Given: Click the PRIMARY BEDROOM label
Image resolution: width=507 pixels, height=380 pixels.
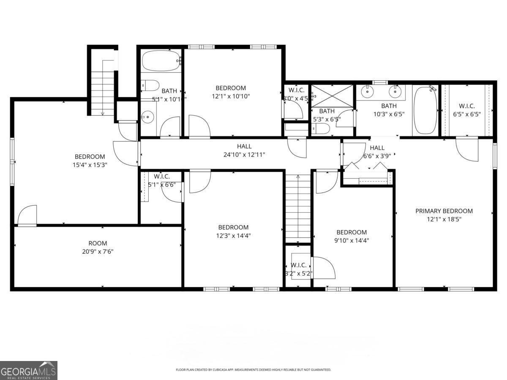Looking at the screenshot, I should click(444, 211).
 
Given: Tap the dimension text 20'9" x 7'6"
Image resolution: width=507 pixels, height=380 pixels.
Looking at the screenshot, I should click(98, 252).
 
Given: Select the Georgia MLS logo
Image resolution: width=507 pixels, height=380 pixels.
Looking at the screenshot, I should click(28, 370).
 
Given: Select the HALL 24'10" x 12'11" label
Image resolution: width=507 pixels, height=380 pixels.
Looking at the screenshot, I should click(244, 150).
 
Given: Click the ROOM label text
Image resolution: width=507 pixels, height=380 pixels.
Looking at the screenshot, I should click(98, 243).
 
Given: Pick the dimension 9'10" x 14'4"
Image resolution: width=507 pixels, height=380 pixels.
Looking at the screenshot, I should click(352, 241).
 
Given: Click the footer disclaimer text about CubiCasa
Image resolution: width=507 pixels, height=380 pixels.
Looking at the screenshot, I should click(253, 370).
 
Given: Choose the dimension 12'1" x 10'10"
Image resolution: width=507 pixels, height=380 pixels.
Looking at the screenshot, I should click(231, 96).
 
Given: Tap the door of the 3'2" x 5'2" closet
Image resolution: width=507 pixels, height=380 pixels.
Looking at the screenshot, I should click(323, 268).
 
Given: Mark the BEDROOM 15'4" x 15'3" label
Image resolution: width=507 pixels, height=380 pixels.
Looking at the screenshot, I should click(90, 160).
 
